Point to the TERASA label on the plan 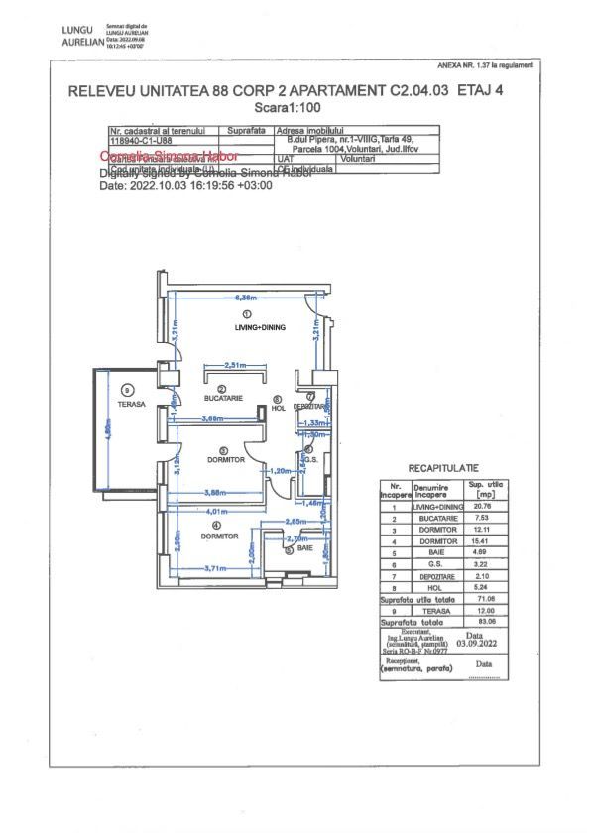[130, 404]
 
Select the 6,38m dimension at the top [246, 297]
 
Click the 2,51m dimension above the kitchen [235, 364]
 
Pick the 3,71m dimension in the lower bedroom [216, 569]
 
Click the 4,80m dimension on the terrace [108, 429]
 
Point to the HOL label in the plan [279, 409]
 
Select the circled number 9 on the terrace [127, 390]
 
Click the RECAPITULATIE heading [443, 466]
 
